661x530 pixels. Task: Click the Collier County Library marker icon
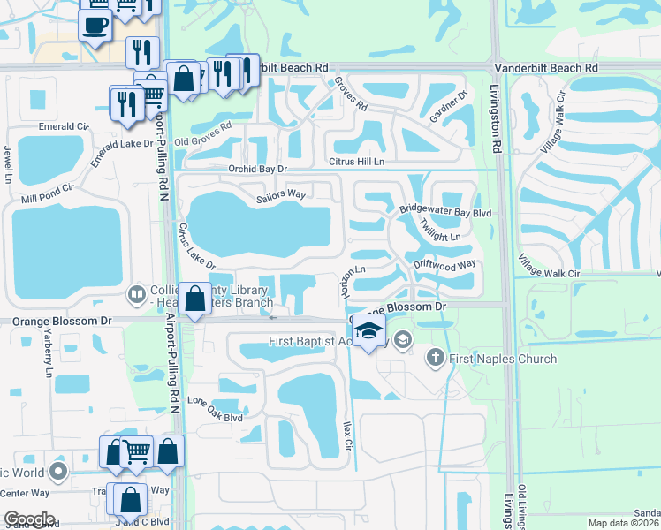[x=137, y=293]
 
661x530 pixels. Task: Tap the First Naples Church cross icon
[x=434, y=359]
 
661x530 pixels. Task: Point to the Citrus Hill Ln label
[x=356, y=162]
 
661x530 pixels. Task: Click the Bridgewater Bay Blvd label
[x=444, y=213]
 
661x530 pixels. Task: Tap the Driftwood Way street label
[x=444, y=264]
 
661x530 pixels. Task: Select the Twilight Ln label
[x=439, y=231]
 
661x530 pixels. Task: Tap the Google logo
[x=28, y=519]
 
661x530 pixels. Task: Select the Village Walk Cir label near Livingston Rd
[x=549, y=265]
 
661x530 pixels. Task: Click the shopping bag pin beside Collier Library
[x=195, y=299]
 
